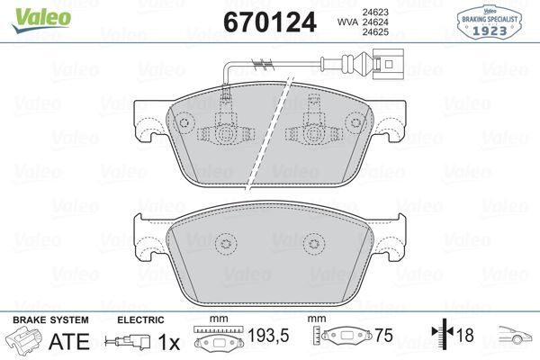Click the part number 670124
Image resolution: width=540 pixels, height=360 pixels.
(x=270, y=22)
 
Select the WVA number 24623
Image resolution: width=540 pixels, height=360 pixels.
(x=375, y=12)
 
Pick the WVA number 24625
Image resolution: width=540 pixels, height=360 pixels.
(x=375, y=32)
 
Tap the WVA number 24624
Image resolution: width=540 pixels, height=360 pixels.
(x=375, y=22)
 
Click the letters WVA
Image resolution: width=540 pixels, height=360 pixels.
(x=347, y=22)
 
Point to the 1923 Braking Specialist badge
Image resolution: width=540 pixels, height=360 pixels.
(x=489, y=22)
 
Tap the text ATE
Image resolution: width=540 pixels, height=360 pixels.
(x=69, y=341)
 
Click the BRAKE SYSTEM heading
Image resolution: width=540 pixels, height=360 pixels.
(x=50, y=320)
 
